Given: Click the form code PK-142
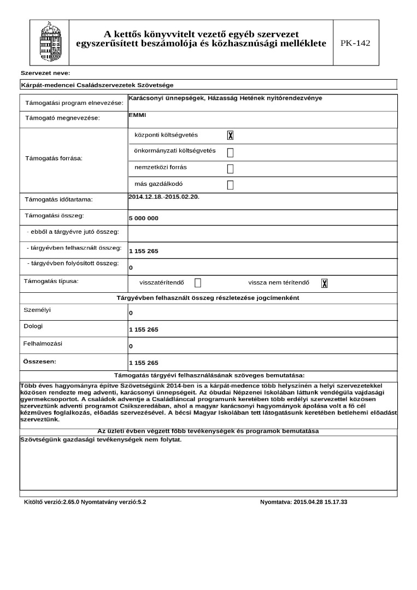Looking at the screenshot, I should click(355, 43).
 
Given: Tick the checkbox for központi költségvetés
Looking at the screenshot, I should click(230, 135).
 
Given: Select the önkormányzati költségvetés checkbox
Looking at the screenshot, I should click(230, 152).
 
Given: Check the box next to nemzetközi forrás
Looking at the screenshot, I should click(230, 168).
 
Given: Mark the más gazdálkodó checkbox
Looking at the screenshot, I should click(230, 185).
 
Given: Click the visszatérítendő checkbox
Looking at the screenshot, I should click(198, 283).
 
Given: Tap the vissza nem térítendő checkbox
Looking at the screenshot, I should click(324, 283).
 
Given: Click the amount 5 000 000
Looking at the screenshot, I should click(144, 219).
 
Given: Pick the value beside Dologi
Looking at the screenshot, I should click(144, 330).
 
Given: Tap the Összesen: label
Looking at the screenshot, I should click(40, 361).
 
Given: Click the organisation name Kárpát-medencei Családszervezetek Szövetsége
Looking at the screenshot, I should click(97, 85).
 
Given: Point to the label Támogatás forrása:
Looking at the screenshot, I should click(54, 158).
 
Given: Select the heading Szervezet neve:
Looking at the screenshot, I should click(45, 73).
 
